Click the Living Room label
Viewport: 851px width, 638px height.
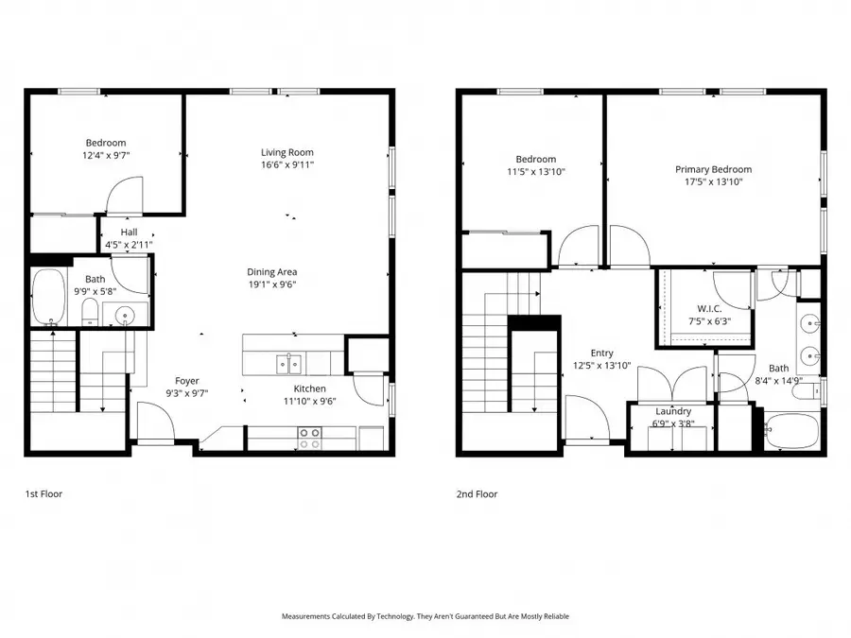287,152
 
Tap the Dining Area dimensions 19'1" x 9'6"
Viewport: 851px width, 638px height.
273,284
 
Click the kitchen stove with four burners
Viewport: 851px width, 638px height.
309,438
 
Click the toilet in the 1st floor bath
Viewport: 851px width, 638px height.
88,312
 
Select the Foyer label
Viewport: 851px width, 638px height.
186,381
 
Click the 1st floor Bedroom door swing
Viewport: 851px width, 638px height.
124,197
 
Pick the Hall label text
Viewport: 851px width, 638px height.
129,232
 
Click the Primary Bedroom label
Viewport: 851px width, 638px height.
713,170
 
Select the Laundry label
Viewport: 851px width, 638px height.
673,411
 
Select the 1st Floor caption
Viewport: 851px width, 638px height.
43,494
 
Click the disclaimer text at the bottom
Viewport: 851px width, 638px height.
425,616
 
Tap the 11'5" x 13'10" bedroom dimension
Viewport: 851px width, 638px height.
535,172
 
